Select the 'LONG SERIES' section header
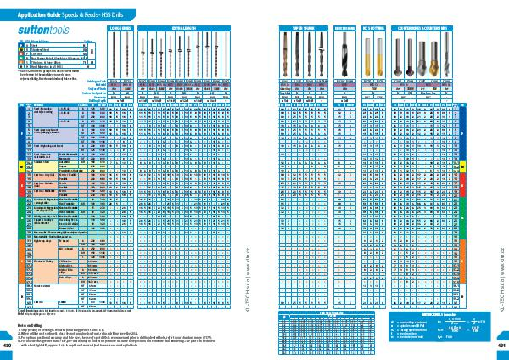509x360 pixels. [120, 28]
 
